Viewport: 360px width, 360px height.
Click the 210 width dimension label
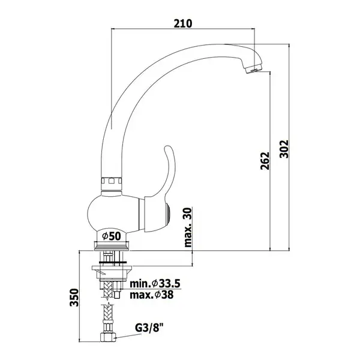pyautogui.click(x=183, y=23)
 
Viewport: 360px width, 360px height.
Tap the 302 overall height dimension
pyautogui.click(x=284, y=149)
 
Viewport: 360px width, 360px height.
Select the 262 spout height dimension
pyautogui.click(x=265, y=161)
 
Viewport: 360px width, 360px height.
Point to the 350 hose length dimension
pyautogui.click(x=74, y=298)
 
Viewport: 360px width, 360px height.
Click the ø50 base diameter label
pyautogui.click(x=112, y=236)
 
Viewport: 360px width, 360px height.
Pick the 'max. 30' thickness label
pyautogui.click(x=188, y=227)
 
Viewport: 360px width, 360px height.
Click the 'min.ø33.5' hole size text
pyautogui.click(x=155, y=284)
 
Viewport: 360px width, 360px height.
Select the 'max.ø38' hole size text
pyautogui.click(x=152, y=295)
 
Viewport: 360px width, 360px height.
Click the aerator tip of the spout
pyautogui.click(x=253, y=70)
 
